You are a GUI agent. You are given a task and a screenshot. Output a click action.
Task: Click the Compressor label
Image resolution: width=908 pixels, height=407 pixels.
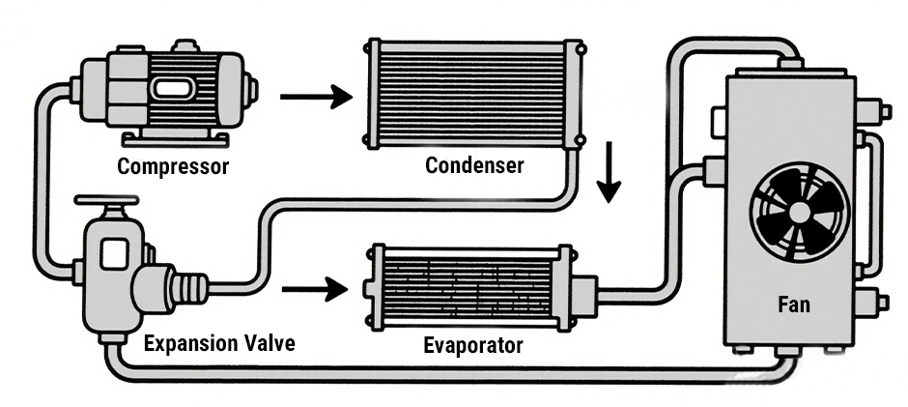173,166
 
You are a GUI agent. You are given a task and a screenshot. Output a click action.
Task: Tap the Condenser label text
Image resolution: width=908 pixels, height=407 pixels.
474,165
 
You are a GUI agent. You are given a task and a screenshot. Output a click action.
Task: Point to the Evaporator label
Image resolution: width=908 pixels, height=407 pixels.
473,345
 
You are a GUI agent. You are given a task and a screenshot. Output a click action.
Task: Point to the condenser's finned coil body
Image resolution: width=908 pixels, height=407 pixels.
472,94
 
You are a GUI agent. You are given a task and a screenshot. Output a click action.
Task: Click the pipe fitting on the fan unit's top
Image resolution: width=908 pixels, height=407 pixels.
789,64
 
